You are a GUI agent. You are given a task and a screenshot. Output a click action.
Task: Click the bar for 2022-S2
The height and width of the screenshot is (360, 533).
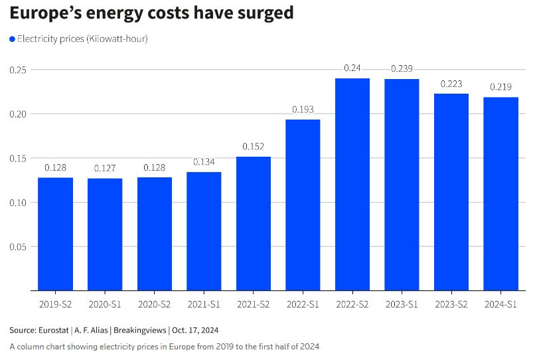(x=352, y=185)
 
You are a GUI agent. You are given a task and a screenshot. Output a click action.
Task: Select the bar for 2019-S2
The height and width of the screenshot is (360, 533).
(x=55, y=234)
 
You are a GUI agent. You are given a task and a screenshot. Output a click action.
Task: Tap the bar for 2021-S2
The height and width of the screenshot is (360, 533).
(x=254, y=223)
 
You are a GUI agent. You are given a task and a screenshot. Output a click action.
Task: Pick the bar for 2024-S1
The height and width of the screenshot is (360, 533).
(x=501, y=194)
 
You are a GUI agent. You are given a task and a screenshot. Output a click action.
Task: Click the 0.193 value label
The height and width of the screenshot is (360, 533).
(x=303, y=110)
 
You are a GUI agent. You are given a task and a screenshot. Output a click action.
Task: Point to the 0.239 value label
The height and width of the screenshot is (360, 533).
(x=402, y=68)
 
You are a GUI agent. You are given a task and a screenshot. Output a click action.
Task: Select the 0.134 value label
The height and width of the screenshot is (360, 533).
(x=204, y=162)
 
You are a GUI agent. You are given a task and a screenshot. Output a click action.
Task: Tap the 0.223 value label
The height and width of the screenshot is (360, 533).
(x=451, y=84)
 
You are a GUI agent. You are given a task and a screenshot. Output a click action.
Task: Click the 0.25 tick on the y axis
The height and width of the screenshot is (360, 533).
(x=17, y=70)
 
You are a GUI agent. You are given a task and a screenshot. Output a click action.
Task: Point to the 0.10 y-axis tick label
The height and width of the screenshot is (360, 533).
(x=17, y=202)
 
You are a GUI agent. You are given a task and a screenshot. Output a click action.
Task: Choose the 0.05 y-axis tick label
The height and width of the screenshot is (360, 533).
(x=17, y=246)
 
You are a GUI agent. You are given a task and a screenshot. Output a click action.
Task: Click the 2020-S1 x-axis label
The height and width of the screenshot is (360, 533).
(x=105, y=304)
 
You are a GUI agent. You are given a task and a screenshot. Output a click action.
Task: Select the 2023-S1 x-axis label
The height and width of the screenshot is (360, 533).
(x=402, y=304)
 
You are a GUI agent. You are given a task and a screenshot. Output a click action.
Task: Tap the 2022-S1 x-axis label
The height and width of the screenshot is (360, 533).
(x=303, y=304)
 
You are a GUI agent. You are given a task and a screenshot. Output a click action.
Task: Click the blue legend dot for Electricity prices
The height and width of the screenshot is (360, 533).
(x=12, y=39)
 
